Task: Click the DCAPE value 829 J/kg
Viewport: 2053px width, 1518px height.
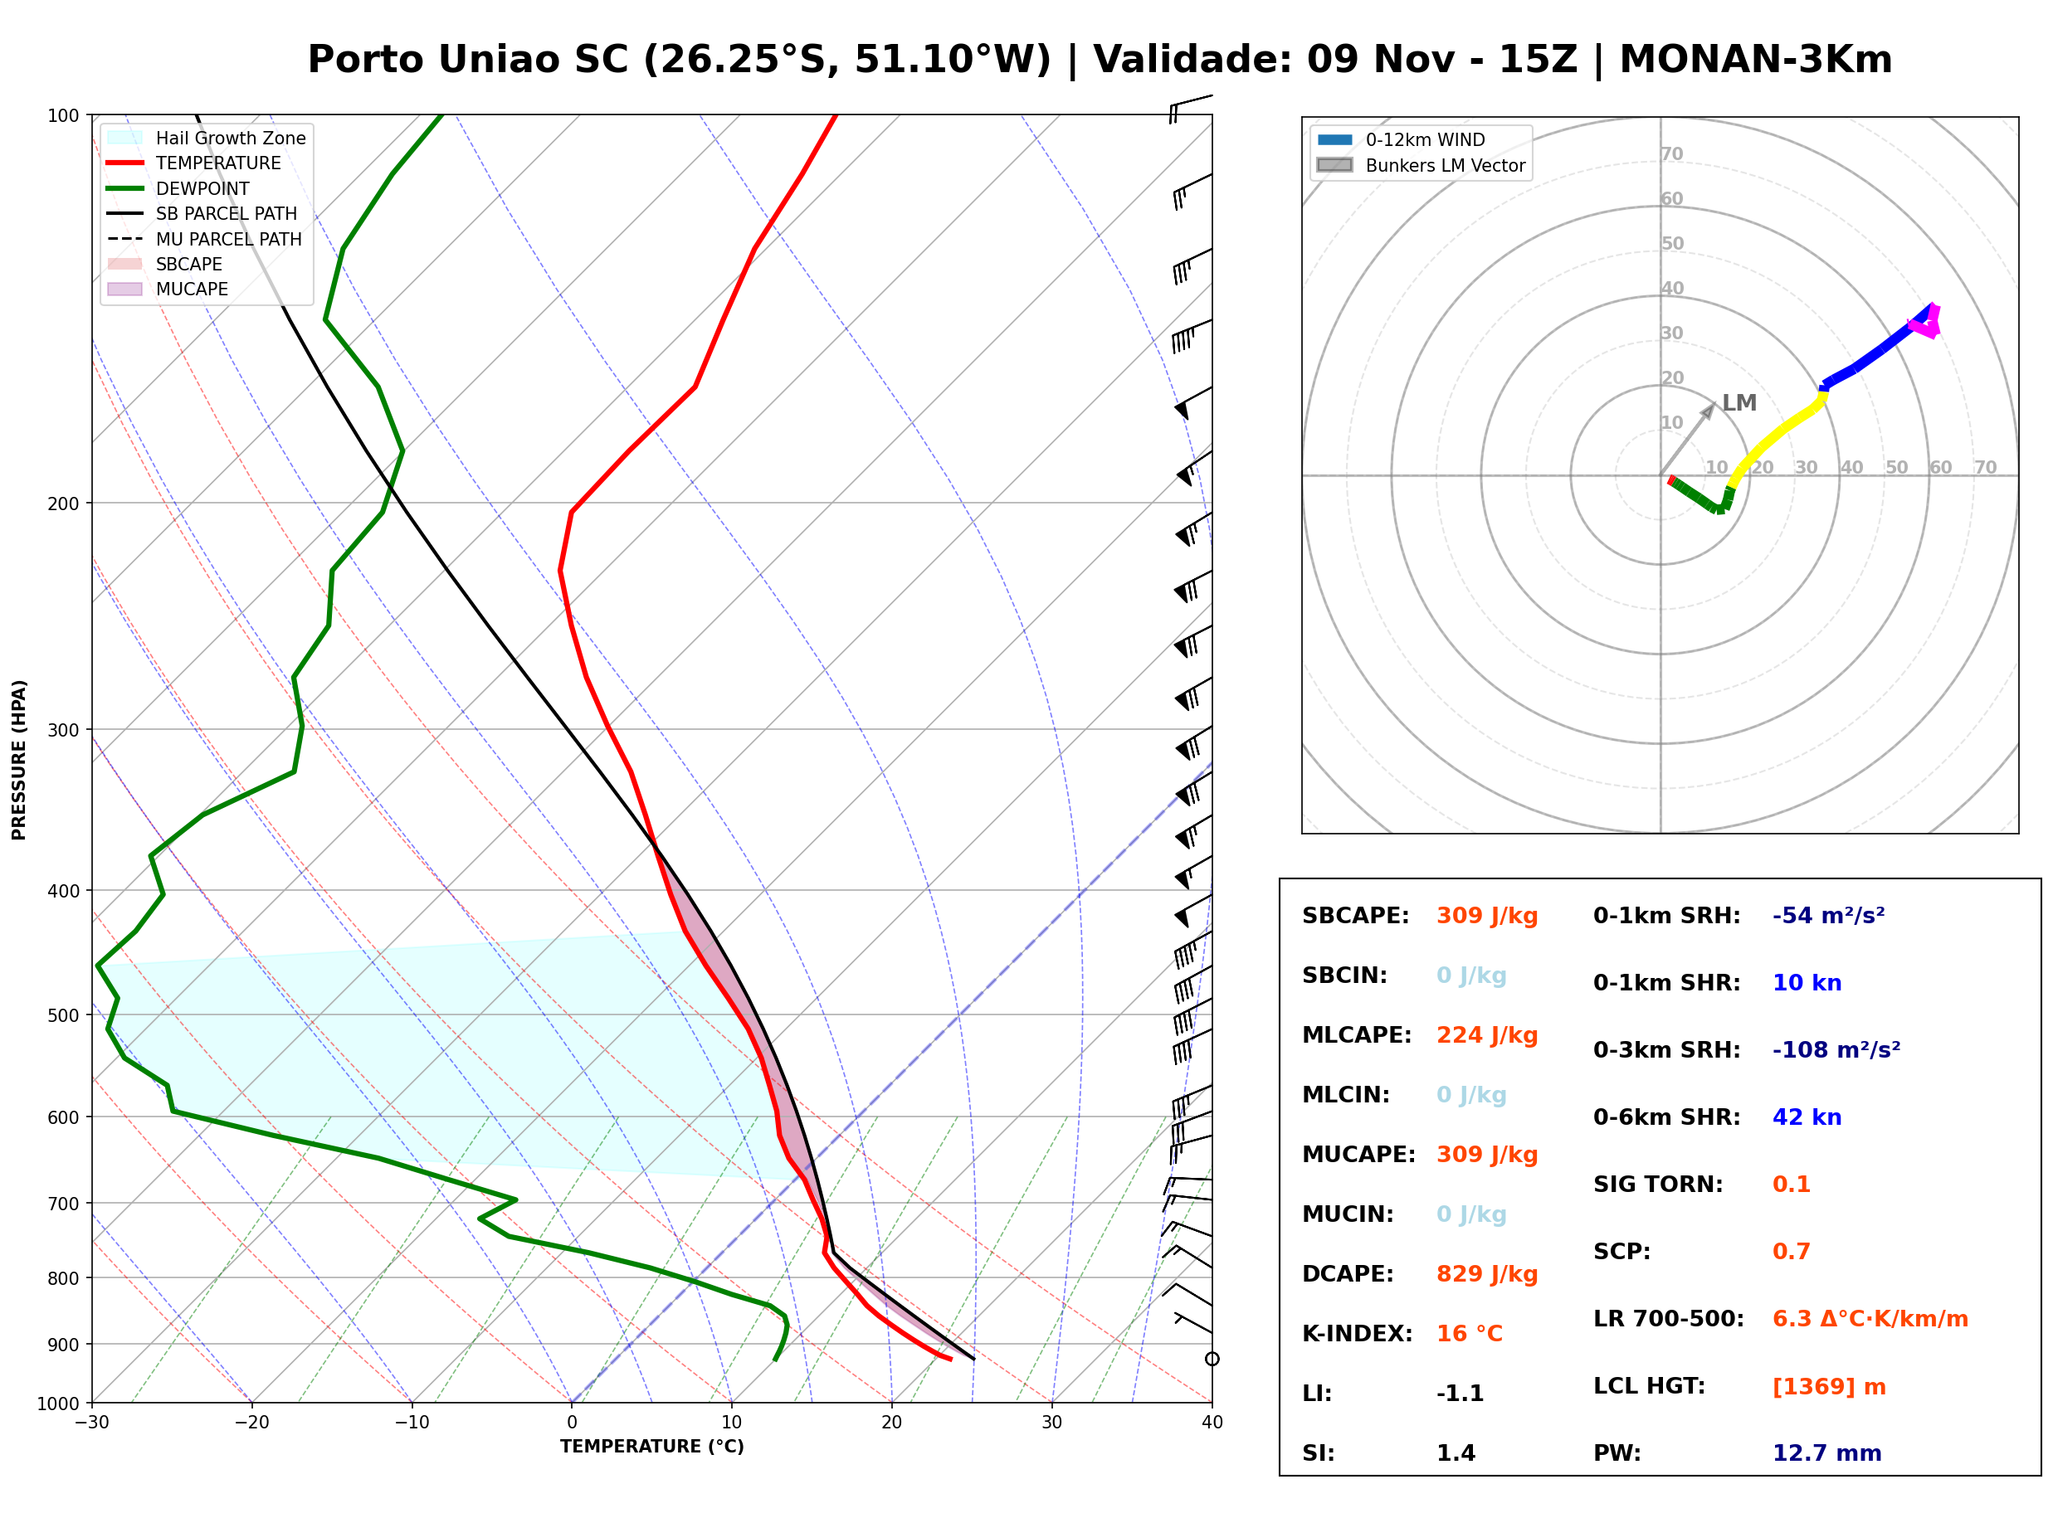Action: click(x=1487, y=1274)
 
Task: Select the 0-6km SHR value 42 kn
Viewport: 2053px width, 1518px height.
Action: click(x=1807, y=1117)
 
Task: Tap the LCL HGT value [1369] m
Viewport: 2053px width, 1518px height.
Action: click(x=1829, y=1387)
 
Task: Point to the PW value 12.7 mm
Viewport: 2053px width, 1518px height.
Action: click(x=1827, y=1453)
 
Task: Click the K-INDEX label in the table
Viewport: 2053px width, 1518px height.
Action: click(x=1358, y=1334)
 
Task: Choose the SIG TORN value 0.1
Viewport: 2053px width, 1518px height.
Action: click(x=1791, y=1185)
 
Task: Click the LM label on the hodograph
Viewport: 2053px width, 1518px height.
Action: click(x=1738, y=403)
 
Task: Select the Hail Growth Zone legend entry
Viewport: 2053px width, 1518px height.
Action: click(x=207, y=138)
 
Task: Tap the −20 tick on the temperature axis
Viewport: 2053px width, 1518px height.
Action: click(x=251, y=1423)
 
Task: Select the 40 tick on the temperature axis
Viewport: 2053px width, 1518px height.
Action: click(x=1212, y=1423)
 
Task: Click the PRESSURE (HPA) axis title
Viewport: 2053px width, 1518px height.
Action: click(x=19, y=760)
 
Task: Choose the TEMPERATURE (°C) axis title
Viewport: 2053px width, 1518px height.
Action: click(x=652, y=1447)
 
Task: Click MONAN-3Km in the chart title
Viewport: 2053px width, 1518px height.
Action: click(x=1755, y=60)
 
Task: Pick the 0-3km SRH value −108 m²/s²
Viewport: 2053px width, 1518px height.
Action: click(x=1836, y=1049)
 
